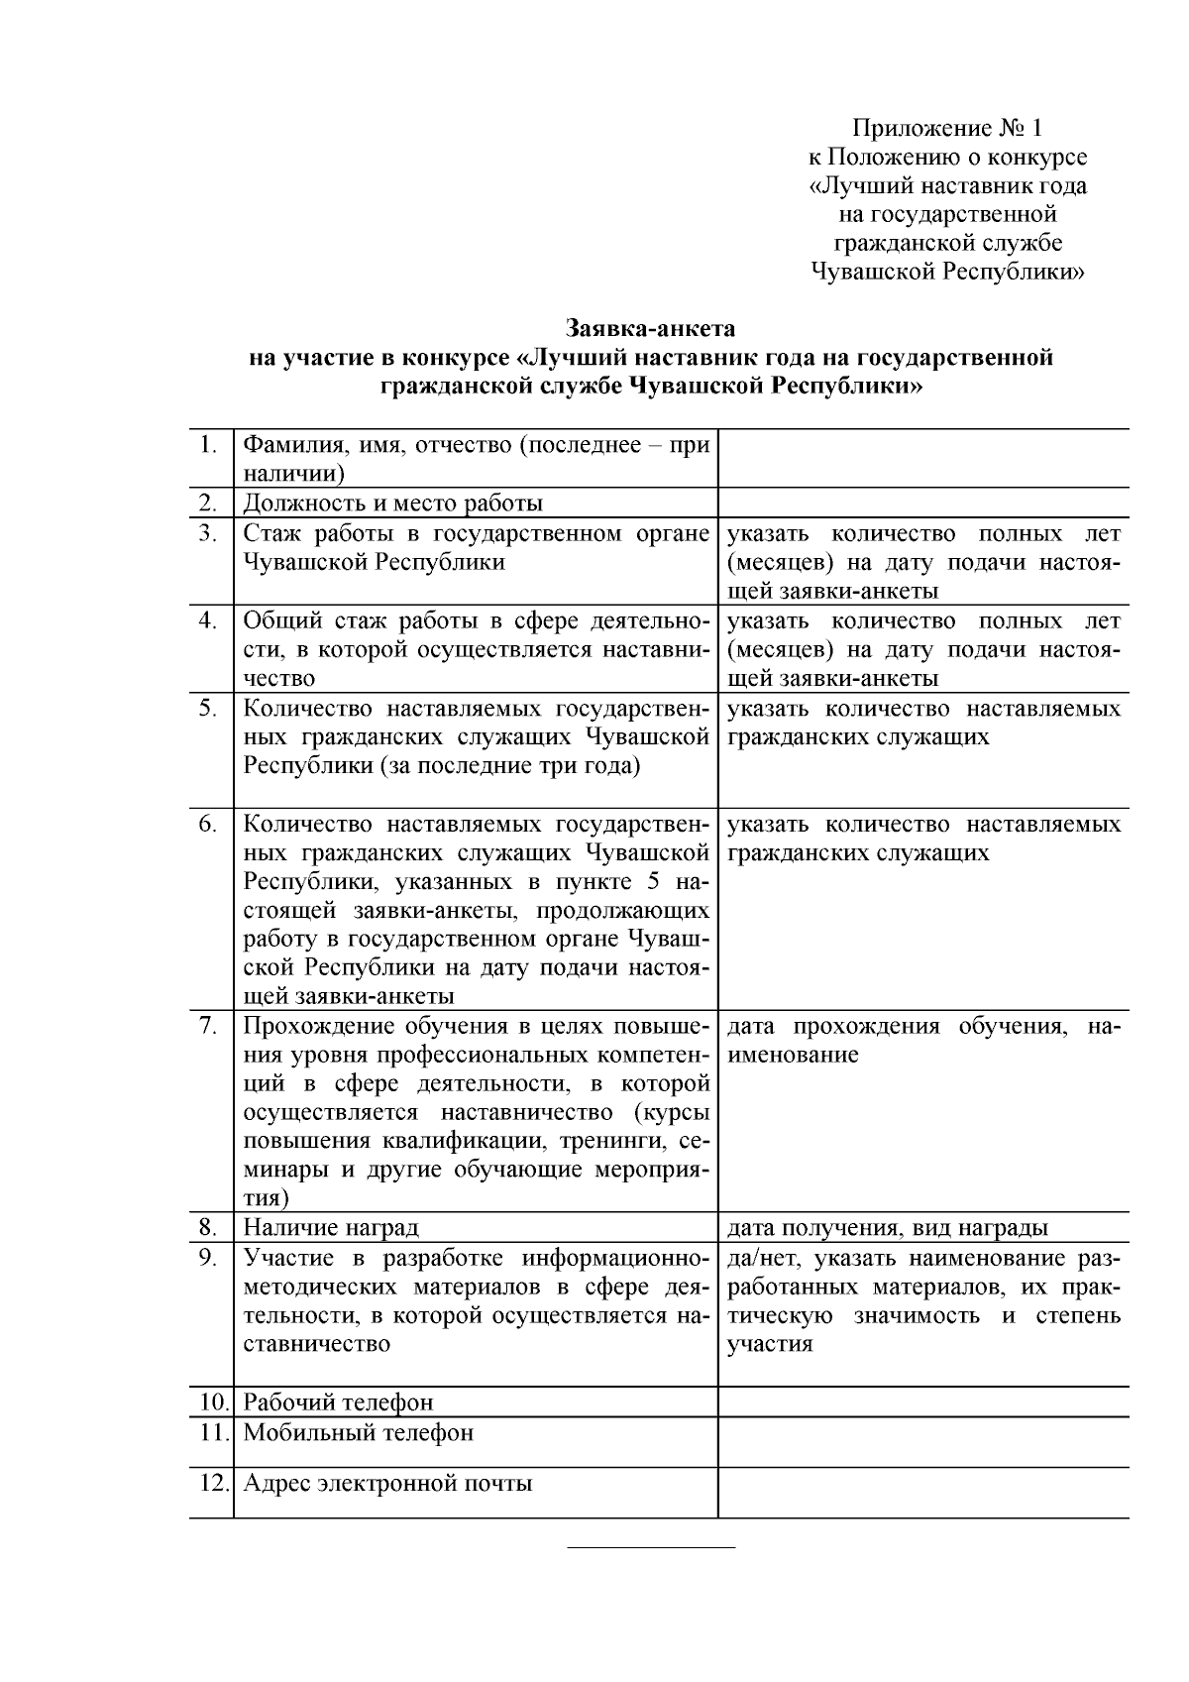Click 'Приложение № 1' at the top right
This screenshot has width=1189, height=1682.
point(947,128)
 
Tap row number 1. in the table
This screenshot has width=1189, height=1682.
point(207,444)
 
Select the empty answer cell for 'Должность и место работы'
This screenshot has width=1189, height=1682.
point(922,503)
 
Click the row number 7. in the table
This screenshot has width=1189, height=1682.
point(207,1026)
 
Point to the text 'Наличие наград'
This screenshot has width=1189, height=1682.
point(331,1227)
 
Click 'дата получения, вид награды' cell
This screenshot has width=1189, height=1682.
point(887,1227)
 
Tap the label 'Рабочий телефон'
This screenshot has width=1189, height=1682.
point(338,1402)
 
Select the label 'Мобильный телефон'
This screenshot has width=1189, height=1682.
point(359,1432)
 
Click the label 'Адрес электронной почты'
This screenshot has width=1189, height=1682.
point(387,1483)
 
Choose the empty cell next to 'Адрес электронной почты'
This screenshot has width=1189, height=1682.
point(922,1492)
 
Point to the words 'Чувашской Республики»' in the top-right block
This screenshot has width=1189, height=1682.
point(947,272)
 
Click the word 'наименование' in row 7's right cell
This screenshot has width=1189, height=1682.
point(793,1055)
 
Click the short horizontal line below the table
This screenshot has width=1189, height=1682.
point(650,1547)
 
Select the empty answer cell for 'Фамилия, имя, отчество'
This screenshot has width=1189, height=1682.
point(922,458)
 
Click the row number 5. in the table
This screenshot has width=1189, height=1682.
point(207,709)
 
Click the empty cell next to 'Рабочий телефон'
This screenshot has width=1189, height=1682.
point(922,1402)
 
